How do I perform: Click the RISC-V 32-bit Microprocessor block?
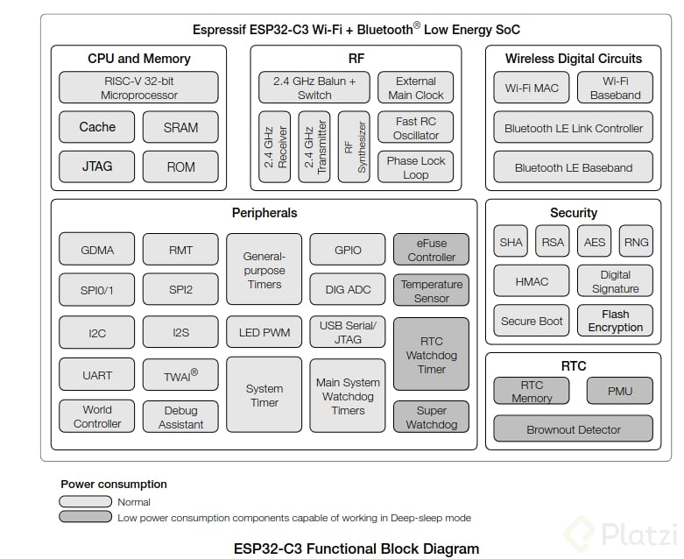pos(138,88)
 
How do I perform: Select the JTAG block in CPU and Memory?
pos(96,166)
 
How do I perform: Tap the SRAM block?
pos(180,127)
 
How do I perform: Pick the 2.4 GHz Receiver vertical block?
pos(274,147)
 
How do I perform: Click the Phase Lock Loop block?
pos(416,167)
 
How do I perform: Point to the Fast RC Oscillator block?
pos(416,128)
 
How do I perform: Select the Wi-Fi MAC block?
pos(532,88)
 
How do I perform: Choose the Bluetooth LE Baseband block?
pos(573,167)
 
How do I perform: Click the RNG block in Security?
pos(635,242)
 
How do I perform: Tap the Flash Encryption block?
pos(615,321)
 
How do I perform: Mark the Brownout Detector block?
pos(573,429)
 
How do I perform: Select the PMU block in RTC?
pos(619,391)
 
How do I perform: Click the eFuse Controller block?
pos(431,250)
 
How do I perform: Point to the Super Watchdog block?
pos(431,417)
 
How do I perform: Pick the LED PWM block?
pos(264,333)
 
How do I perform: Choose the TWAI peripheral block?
pos(180,374)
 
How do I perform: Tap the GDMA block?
pos(97,250)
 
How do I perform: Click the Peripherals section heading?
pos(264,213)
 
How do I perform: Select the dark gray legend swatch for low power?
pos(87,517)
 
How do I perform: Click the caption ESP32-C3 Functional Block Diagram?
pos(356,548)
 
